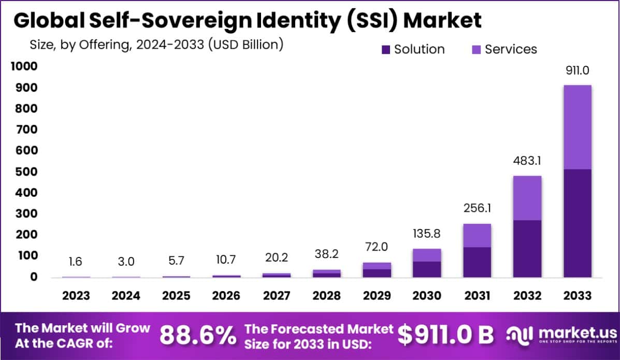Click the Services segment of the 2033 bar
[x=577, y=127]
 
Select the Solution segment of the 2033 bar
[x=577, y=223]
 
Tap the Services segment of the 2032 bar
[x=527, y=198]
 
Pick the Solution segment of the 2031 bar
[x=477, y=262]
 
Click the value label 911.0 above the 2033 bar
[x=577, y=70]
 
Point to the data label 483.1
[x=527, y=161]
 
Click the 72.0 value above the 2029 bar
[x=376, y=248]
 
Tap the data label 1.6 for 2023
[x=76, y=262]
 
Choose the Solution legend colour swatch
[x=386, y=50]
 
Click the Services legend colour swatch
[x=477, y=50]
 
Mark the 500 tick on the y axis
[x=25, y=172]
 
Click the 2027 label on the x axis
[x=277, y=296]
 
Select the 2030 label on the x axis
[x=427, y=296]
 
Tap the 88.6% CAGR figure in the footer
[x=197, y=335]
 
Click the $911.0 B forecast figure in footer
[x=445, y=335]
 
